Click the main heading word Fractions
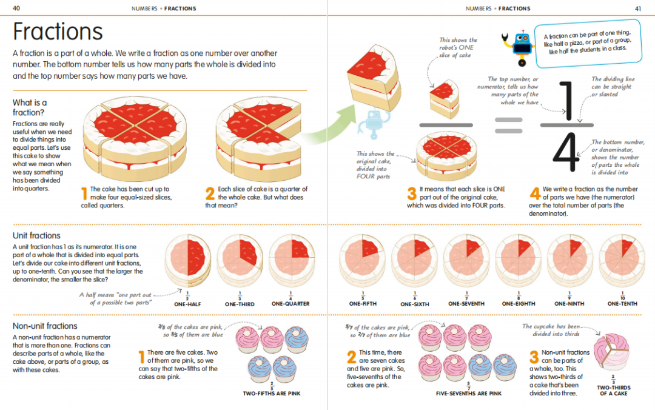pos(58,32)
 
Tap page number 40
pos(16,8)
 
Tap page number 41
pos(637,8)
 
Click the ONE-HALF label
pos(187,303)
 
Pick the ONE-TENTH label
pos(622,303)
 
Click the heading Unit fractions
pos(36,235)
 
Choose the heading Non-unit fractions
pos(45,326)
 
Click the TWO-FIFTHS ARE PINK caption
pos(272,394)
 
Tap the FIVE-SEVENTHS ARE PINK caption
pos(469,394)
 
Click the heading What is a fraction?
pos(30,107)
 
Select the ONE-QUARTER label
pos(291,303)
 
